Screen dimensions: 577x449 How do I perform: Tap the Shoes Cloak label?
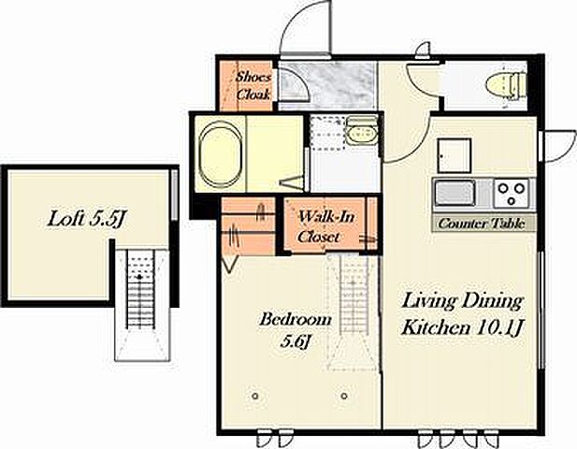pyautogui.click(x=253, y=86)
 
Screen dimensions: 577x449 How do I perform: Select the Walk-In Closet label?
pyautogui.click(x=325, y=226)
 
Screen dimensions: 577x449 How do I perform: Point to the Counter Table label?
pyautogui.click(x=482, y=224)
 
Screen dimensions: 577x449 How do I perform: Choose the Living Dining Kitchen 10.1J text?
pyautogui.click(x=463, y=314)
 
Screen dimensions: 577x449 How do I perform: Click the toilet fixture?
pyautogui.click(x=505, y=86)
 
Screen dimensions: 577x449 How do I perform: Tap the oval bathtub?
pyautogui.click(x=221, y=152)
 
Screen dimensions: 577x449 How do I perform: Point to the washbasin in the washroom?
pyautogui.click(x=362, y=132)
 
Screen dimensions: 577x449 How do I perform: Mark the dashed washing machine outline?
pyautogui.click(x=327, y=132)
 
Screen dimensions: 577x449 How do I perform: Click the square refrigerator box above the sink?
pyautogui.click(x=454, y=155)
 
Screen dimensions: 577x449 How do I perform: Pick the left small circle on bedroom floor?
pyautogui.click(x=254, y=396)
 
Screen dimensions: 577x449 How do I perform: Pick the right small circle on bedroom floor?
pyautogui.click(x=344, y=396)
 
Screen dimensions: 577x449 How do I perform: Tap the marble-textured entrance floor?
pyautogui.click(x=327, y=85)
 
